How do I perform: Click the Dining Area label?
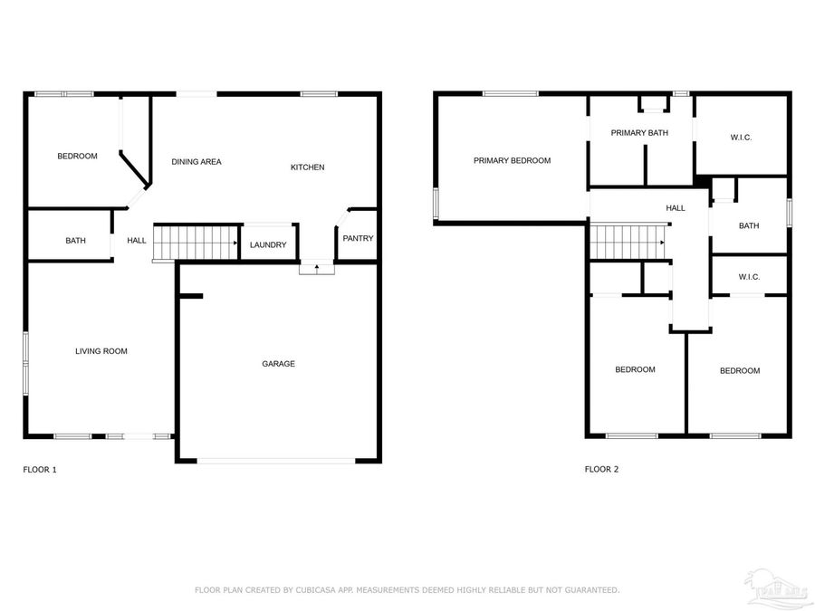pyautogui.click(x=197, y=162)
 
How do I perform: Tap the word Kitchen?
pyautogui.click(x=307, y=167)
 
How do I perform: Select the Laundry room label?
pyautogui.click(x=268, y=245)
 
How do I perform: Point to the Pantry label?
pyautogui.click(x=358, y=239)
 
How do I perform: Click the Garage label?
pyautogui.click(x=279, y=364)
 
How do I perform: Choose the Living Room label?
pyautogui.click(x=101, y=351)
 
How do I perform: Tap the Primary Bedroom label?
pyautogui.click(x=512, y=161)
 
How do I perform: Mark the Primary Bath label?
pyautogui.click(x=639, y=133)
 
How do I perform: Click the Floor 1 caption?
pyautogui.click(x=40, y=470)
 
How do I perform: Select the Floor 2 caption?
pyautogui.click(x=601, y=470)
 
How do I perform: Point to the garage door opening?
pyautogui.click(x=276, y=461)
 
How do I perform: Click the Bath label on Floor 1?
pyautogui.click(x=75, y=241)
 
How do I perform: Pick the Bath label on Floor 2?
pyautogui.click(x=749, y=226)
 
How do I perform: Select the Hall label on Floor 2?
pyautogui.click(x=676, y=208)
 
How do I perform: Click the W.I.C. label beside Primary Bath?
pyautogui.click(x=741, y=138)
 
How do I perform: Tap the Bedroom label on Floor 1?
pyautogui.click(x=77, y=157)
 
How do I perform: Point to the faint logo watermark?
pyautogui.click(x=765, y=586)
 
